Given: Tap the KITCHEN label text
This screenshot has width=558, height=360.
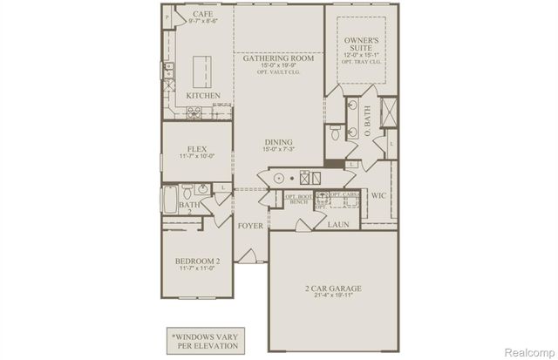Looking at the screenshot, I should pyautogui.click(x=202, y=95).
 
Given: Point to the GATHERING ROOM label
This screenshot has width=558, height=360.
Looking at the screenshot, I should pyautogui.click(x=279, y=59).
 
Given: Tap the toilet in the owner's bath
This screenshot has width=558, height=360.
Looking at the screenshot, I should pyautogui.click(x=336, y=133).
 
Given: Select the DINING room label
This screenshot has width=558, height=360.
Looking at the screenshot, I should pyautogui.click(x=279, y=142).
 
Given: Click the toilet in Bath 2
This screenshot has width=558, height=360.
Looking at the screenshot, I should pyautogui.click(x=202, y=189).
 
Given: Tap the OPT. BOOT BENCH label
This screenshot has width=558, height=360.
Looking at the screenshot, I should pyautogui.click(x=298, y=200).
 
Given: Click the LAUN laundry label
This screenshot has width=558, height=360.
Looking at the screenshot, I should pyautogui.click(x=338, y=224).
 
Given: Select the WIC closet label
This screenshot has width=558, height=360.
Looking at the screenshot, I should pyautogui.click(x=378, y=196).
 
